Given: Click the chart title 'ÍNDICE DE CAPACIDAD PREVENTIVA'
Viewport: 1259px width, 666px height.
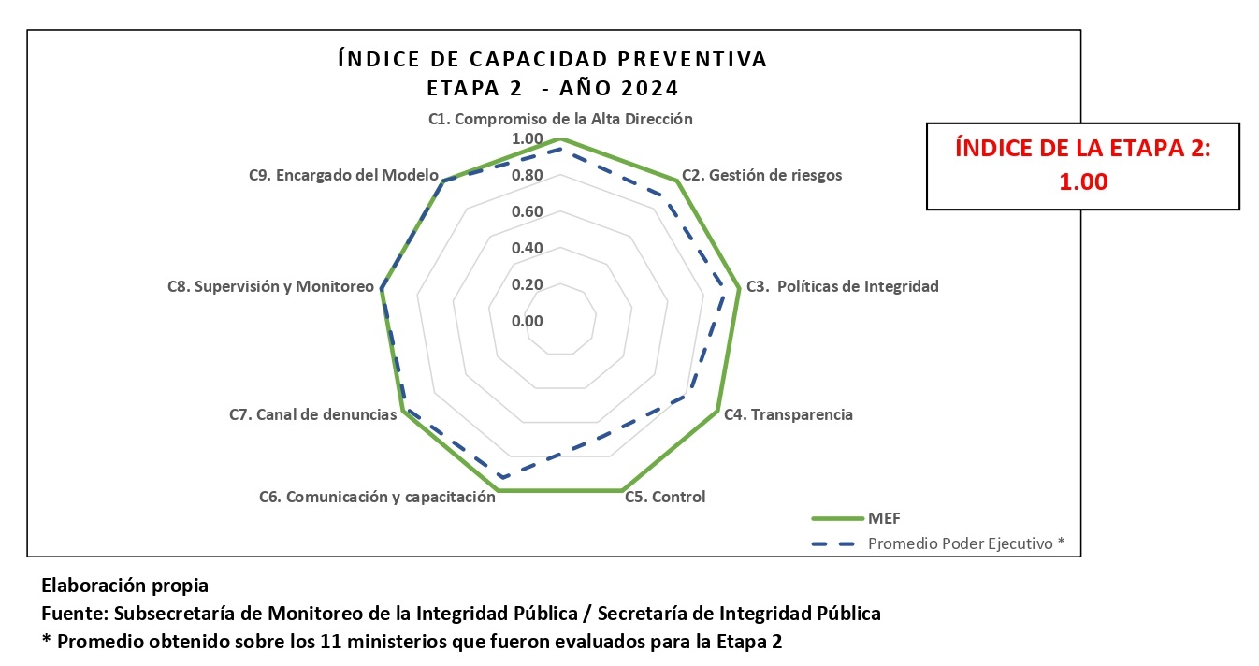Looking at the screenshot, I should click(552, 59).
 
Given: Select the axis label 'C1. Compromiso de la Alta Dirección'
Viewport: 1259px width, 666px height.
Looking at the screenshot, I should click(560, 119).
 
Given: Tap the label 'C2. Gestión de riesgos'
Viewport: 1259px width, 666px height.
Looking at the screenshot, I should click(761, 175).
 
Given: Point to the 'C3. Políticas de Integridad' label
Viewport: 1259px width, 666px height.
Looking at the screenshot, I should click(842, 286).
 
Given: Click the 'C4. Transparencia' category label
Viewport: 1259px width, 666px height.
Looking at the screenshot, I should click(789, 414).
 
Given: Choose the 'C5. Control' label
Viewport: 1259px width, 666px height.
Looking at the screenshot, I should click(665, 497).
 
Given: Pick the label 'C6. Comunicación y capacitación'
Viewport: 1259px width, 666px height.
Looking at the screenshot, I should click(377, 497).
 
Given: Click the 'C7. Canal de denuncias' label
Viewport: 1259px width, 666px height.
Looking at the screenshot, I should click(313, 414).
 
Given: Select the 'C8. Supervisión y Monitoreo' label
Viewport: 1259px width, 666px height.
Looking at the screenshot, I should click(270, 286).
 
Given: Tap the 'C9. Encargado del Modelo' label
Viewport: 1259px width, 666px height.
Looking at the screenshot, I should click(343, 175).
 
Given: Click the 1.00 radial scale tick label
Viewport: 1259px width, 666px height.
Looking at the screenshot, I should click(528, 139).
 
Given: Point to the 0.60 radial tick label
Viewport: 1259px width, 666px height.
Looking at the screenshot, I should click(528, 211).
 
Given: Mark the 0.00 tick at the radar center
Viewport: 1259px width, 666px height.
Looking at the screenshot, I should click(528, 321).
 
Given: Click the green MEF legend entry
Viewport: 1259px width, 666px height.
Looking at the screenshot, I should click(861, 517).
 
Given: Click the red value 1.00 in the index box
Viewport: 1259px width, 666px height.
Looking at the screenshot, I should click(1083, 181).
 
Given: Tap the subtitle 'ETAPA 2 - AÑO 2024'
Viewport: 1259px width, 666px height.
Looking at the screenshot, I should click(552, 89).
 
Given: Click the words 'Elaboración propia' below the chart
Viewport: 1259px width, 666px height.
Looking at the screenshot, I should click(124, 586).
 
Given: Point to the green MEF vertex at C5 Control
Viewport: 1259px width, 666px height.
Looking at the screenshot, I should click(621, 490).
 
